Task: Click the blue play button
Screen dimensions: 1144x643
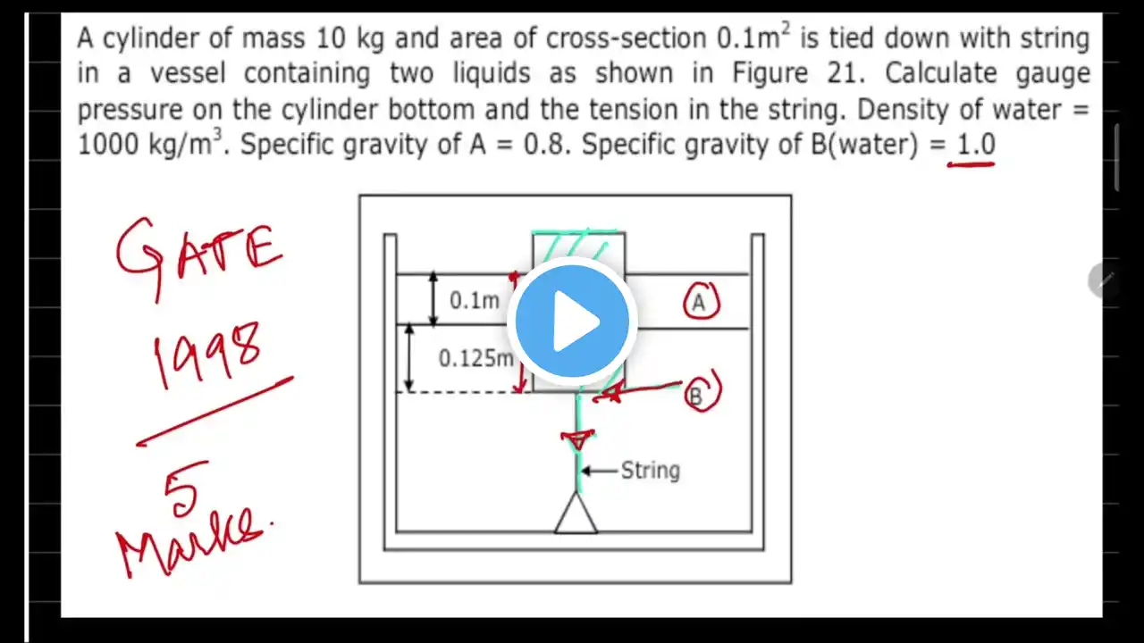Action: (x=572, y=321)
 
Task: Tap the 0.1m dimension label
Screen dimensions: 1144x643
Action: (x=475, y=301)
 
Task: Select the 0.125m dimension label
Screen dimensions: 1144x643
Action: (x=476, y=358)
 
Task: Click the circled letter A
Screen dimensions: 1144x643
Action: (x=702, y=302)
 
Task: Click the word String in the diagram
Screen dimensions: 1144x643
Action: (x=650, y=471)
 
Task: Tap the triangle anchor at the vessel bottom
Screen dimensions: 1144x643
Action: (x=576, y=514)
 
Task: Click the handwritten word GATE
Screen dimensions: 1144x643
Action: (x=198, y=256)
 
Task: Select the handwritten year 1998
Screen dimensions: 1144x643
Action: (x=206, y=354)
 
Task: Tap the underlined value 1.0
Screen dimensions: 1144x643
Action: (x=975, y=144)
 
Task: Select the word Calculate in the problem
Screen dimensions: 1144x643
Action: (x=941, y=72)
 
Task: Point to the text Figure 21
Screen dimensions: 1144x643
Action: (x=799, y=73)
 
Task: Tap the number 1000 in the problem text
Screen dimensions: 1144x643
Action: (x=108, y=144)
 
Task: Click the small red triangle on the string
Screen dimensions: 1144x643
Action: (x=578, y=439)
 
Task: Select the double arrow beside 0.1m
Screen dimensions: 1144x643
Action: (x=433, y=299)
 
